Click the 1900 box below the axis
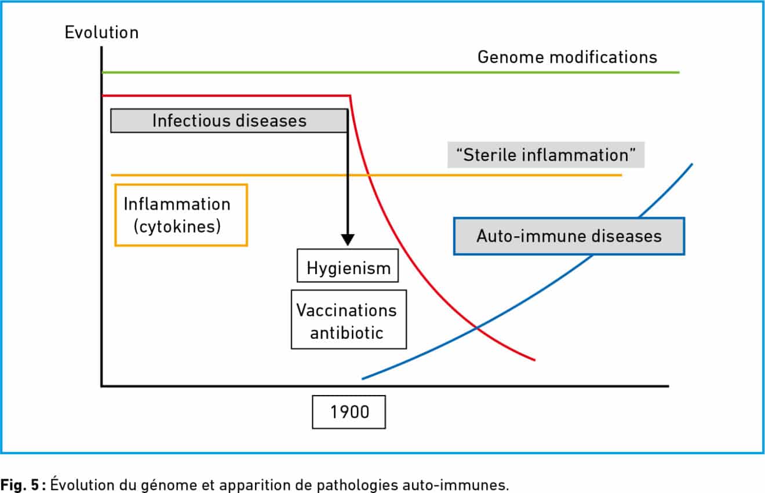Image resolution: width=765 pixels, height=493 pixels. [349, 412]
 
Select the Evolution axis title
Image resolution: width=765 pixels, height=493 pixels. [101, 32]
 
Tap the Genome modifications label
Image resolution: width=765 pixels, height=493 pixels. [567, 57]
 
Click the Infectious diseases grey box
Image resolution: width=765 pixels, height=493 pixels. [229, 120]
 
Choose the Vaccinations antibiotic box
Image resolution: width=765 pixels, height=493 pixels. [348, 320]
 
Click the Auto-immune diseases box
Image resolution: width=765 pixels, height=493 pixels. [569, 236]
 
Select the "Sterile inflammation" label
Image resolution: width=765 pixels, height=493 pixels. [545, 156]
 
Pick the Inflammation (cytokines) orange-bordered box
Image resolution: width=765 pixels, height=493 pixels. [181, 215]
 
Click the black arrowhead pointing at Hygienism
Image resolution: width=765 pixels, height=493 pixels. [348, 239]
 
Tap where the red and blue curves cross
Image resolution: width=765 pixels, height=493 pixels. [477, 328]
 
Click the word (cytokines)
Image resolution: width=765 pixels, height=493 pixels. [177, 227]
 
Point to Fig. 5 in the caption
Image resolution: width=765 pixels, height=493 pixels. [21, 484]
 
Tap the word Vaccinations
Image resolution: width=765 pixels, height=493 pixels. [347, 310]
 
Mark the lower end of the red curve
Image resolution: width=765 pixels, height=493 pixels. [534, 360]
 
